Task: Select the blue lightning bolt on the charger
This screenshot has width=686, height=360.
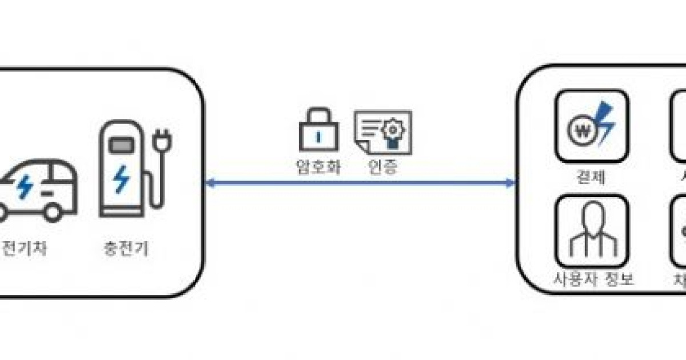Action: [x=121, y=179]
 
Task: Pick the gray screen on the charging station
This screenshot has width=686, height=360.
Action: [x=120, y=146]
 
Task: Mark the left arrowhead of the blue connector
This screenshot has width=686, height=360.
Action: [x=209, y=183]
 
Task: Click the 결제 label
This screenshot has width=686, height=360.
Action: [x=591, y=177]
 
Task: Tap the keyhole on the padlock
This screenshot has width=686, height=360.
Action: [x=318, y=138]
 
